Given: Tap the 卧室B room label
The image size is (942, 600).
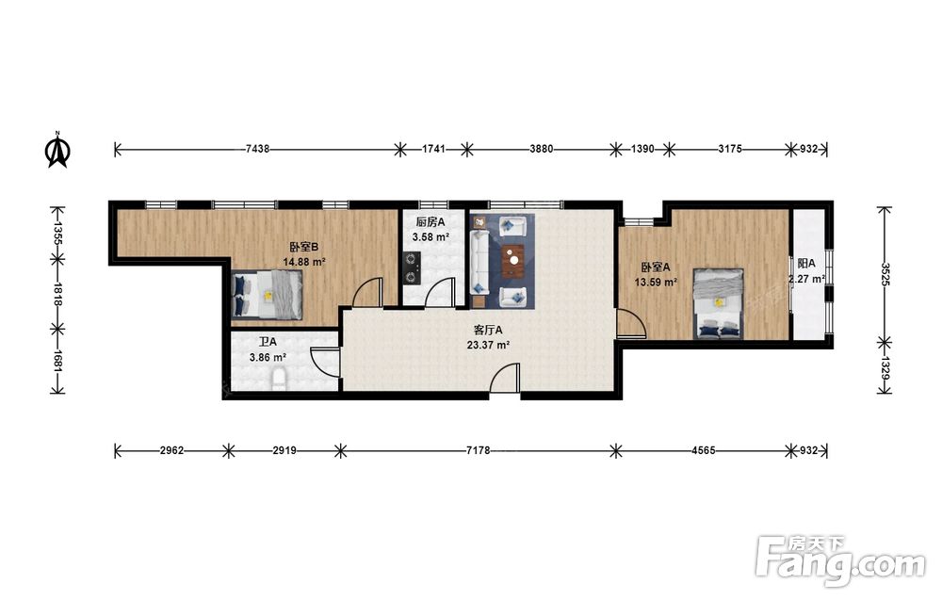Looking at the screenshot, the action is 303,247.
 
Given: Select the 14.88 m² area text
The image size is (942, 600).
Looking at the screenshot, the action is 304,262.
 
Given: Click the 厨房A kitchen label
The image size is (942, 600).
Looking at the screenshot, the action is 430,222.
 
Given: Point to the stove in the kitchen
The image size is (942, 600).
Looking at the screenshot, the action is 412,268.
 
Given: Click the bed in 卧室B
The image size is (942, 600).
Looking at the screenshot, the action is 268,294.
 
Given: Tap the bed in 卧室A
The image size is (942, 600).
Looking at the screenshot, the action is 719,304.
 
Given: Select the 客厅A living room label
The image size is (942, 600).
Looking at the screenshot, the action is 488,330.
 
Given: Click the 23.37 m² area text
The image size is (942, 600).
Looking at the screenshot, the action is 488,345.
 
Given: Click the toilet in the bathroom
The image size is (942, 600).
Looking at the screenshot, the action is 279,380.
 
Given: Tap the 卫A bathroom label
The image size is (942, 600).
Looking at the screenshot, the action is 268,342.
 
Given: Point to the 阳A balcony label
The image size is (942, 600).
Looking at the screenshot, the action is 806,263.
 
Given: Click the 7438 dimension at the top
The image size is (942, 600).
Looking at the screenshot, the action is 257,149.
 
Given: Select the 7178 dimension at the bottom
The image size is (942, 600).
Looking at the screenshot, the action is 478,450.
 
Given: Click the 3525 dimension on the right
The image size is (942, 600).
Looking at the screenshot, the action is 885,274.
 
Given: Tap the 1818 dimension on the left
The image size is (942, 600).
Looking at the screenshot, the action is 57,294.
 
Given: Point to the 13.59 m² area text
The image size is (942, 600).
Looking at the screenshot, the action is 656,282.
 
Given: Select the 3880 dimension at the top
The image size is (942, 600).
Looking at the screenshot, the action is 542,149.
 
